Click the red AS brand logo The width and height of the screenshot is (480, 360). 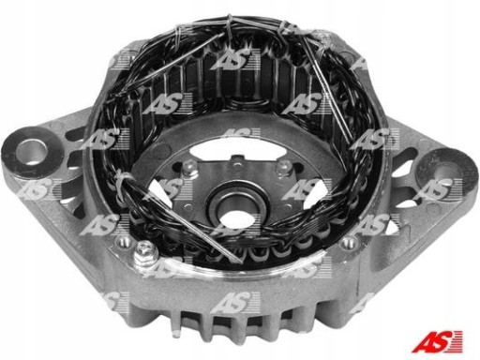437,341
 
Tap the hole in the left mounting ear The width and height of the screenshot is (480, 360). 32,152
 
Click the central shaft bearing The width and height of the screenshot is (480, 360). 237,205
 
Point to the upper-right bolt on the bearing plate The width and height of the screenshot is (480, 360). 283,167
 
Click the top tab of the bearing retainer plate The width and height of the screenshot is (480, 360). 238,162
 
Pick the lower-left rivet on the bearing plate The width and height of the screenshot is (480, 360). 187,207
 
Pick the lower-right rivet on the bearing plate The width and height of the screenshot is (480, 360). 287,207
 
